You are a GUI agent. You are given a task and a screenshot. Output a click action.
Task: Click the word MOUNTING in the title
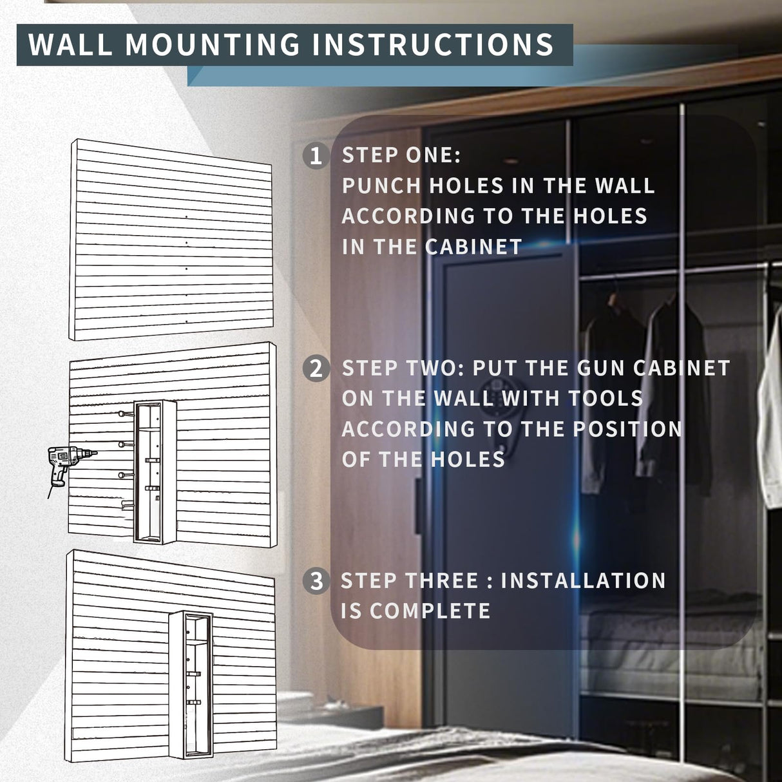pyautogui.click(x=211, y=44)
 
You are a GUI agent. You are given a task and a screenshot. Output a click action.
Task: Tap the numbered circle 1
pyautogui.click(x=315, y=156)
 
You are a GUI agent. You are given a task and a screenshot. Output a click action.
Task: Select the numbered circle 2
pyautogui.click(x=316, y=369)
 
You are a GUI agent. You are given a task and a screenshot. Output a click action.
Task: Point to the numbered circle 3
pyautogui.click(x=316, y=581)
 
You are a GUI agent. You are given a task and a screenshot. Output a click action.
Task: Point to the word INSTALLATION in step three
pyautogui.click(x=583, y=580)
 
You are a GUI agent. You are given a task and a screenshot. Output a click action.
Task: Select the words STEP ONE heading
pyautogui.click(x=401, y=155)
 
